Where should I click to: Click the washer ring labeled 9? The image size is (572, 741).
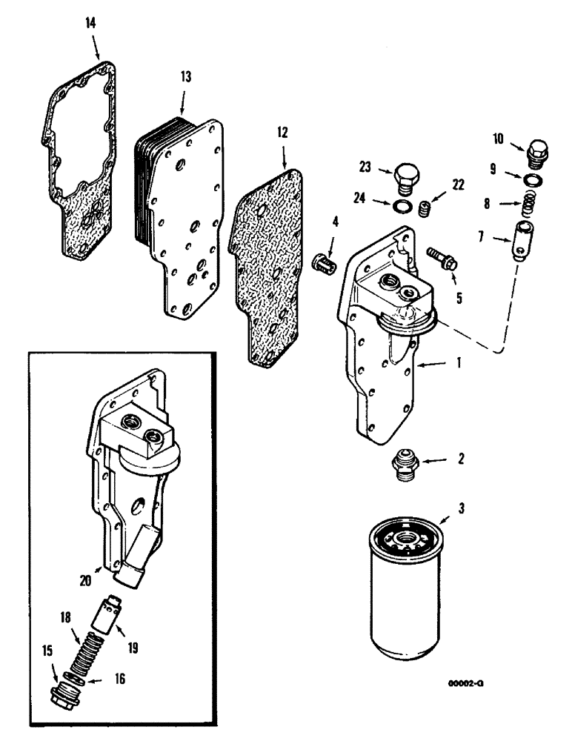point(532,180)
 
